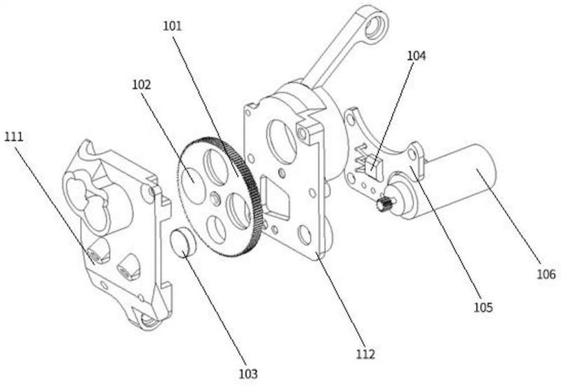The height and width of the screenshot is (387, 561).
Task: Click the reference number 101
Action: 173,27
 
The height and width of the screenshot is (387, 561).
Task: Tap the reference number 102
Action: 142,85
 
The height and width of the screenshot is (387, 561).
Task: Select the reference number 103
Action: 248,374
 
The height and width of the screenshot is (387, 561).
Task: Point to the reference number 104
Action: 417,56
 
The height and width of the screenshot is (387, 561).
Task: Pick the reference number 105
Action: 483,307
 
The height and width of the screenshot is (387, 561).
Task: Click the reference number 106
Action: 546,274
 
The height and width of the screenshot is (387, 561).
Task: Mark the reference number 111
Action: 13,137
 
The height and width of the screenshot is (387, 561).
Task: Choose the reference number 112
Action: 365,354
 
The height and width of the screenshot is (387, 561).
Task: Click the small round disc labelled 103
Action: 183,243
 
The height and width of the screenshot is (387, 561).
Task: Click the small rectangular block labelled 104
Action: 374,167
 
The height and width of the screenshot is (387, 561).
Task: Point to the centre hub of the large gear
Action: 215,198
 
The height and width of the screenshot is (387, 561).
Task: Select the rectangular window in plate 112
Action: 274,197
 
